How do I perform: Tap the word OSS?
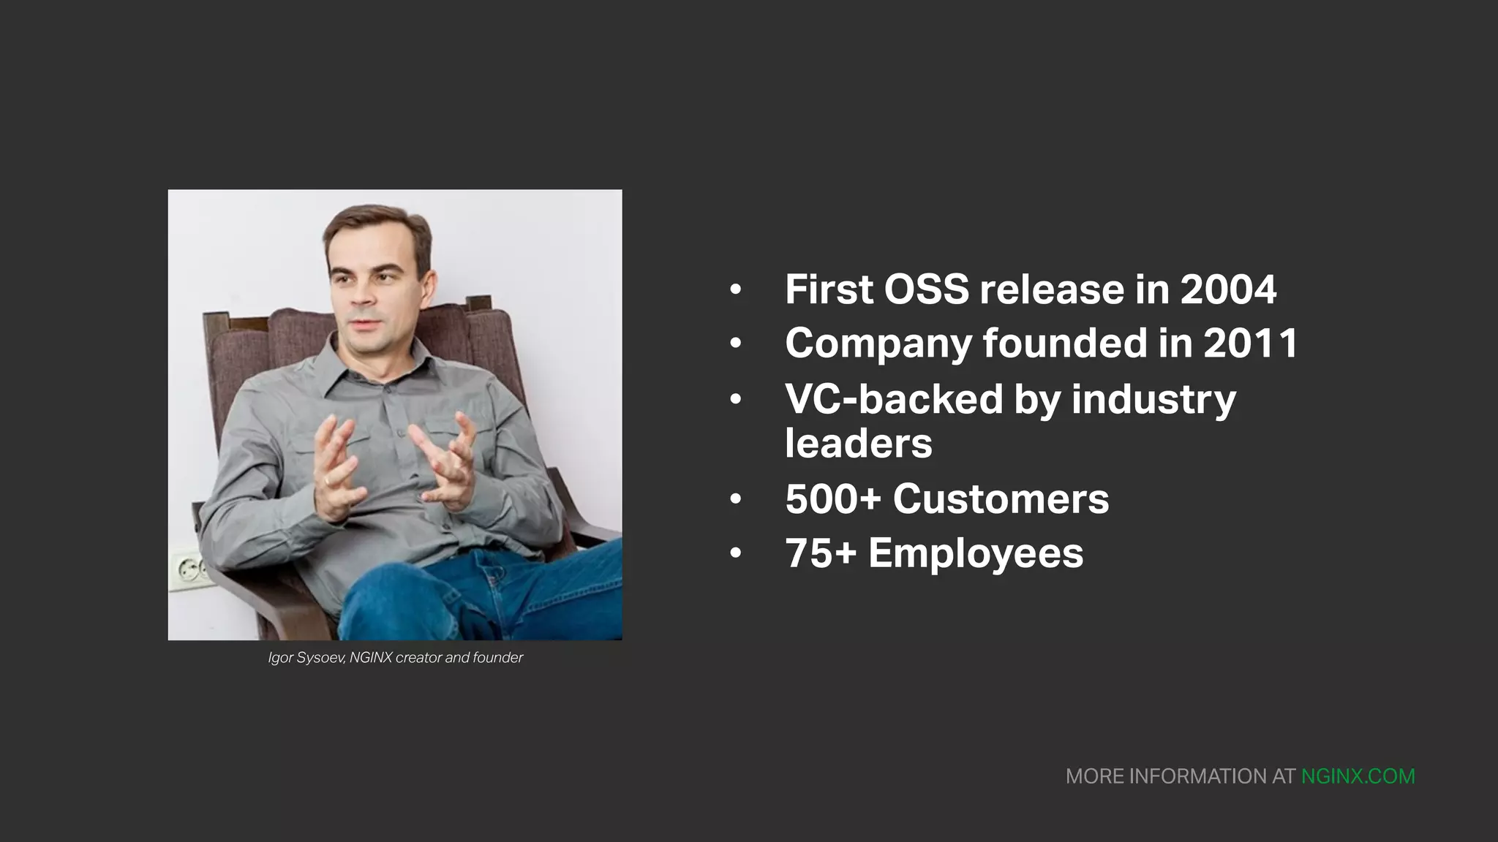[926, 289]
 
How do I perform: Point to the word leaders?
[858, 443]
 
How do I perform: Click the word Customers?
[1001, 499]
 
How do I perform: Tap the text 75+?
[821, 553]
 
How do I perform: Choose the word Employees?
[976, 553]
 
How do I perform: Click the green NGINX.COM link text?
[1358, 776]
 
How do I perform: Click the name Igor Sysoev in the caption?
[306, 658]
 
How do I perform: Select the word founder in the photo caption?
[497, 658]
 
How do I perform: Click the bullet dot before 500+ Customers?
[736, 500]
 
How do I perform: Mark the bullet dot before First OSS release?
[736, 290]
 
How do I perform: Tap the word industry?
[1153, 399]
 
